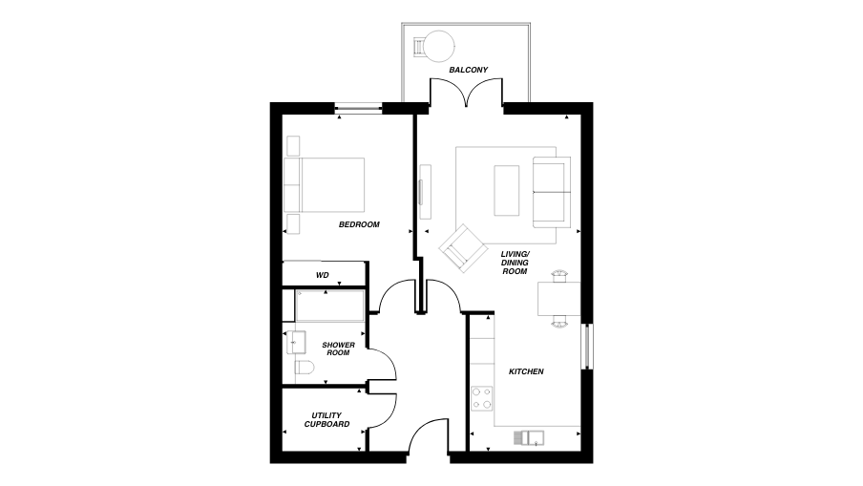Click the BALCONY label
point(469,71)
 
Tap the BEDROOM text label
point(359,224)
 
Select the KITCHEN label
point(526,371)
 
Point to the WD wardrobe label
point(323,275)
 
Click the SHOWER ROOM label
point(338,349)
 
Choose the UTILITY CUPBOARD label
point(326,420)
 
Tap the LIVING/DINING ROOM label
point(515,263)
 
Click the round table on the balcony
point(439,45)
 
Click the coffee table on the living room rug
point(507,190)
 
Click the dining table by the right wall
point(558,299)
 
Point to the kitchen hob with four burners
point(481,396)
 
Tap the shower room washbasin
point(292,342)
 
